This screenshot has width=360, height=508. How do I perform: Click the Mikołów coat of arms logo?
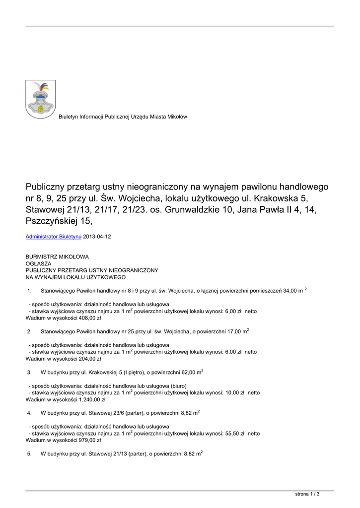pos(40,99)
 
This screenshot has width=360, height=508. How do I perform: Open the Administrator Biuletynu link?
pos(54,237)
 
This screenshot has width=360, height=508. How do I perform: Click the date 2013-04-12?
pos(97,237)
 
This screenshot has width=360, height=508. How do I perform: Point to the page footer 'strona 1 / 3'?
pos(307,494)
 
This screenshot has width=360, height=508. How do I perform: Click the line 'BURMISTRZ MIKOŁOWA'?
pos(57,257)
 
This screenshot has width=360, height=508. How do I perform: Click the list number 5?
pos(29,453)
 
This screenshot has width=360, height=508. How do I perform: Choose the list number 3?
pos(29,372)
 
